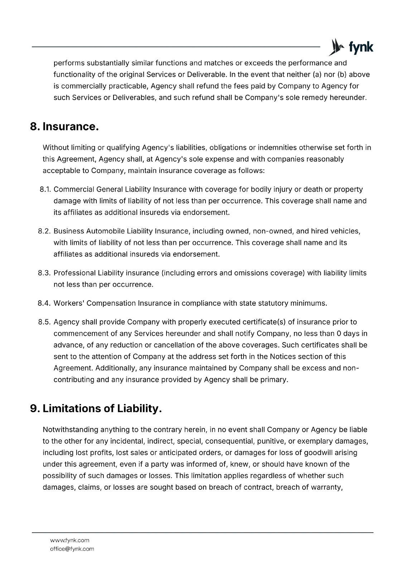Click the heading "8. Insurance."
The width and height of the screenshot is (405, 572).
[64, 127]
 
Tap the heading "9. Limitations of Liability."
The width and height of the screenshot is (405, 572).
[96, 409]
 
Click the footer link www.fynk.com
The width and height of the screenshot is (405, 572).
[69, 540]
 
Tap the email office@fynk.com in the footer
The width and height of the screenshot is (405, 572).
[72, 549]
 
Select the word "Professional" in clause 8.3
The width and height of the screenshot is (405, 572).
[74, 273]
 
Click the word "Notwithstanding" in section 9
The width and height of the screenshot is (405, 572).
[70, 430]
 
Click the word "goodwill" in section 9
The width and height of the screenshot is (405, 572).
[319, 453]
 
